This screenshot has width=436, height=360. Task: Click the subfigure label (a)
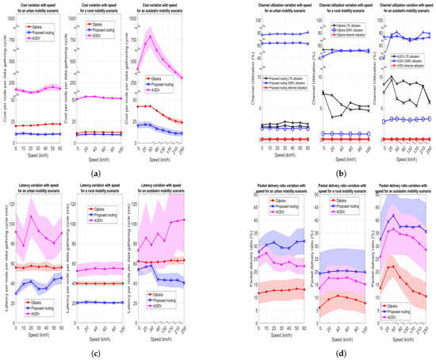[106, 172]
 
